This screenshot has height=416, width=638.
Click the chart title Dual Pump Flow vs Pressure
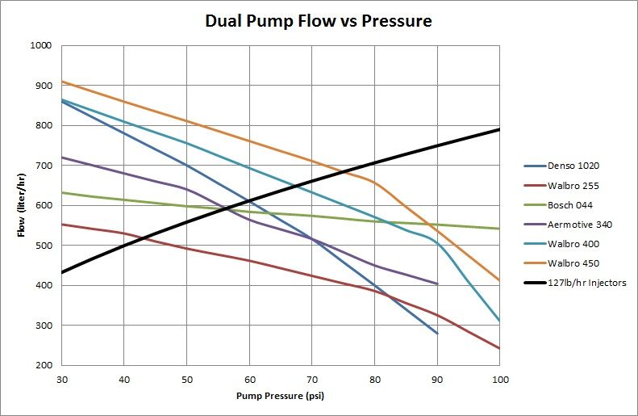click(x=318, y=21)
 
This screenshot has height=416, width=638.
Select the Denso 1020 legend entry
click(x=574, y=166)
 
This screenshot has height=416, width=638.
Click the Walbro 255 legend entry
click(x=574, y=186)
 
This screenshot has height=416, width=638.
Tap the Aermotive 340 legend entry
click(x=579, y=225)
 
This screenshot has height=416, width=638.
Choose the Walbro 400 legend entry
click(x=574, y=244)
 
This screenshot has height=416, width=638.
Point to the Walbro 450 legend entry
click(x=574, y=263)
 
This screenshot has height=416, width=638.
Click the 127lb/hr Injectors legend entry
click(x=586, y=283)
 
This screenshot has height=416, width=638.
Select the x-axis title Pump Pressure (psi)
click(x=280, y=397)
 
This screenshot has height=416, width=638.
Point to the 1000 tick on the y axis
click(x=40, y=46)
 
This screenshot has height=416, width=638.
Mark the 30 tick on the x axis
click(x=60, y=379)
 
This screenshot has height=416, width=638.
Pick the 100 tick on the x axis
click(x=499, y=379)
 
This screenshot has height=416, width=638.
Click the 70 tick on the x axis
click(x=311, y=379)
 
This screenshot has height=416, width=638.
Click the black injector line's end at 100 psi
click(x=499, y=129)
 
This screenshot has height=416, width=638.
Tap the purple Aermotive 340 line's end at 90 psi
click(x=436, y=284)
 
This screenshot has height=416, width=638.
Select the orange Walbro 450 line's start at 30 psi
click(x=61, y=82)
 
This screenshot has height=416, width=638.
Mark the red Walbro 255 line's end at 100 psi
click(x=499, y=348)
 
